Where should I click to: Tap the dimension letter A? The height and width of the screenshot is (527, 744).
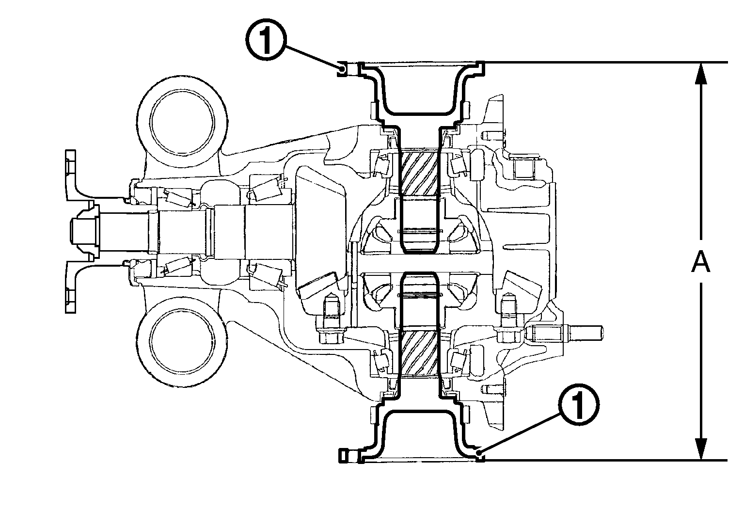coord(700,263)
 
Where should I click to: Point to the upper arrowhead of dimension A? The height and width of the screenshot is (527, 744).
coord(700,73)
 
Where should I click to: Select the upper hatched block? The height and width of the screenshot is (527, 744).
coord(419,172)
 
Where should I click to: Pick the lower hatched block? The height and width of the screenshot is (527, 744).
coord(419,353)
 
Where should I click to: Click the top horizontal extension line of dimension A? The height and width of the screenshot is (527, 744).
coord(606,63)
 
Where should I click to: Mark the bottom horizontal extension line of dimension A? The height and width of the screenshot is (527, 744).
coord(606,460)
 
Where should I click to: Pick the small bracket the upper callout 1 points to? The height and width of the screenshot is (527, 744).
coord(342,69)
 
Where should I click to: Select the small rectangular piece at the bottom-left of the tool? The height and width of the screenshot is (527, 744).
coord(343,455)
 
